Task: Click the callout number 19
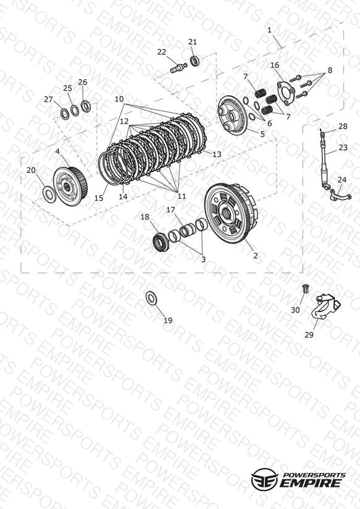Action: click(168, 321)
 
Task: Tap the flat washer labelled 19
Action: click(151, 298)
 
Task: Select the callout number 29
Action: click(309, 334)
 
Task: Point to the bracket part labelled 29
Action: click(325, 307)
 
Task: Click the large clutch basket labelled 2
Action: click(232, 214)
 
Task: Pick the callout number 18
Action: click(144, 217)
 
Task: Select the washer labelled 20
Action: click(49, 195)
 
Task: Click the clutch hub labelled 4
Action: click(69, 186)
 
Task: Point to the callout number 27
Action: click(48, 99)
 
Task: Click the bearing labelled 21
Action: click(195, 61)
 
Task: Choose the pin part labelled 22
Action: click(178, 68)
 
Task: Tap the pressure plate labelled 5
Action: click(232, 116)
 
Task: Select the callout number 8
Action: click(330, 70)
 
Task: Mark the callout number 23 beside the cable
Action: click(343, 148)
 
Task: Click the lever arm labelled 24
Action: click(340, 195)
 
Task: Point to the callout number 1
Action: click(269, 30)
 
